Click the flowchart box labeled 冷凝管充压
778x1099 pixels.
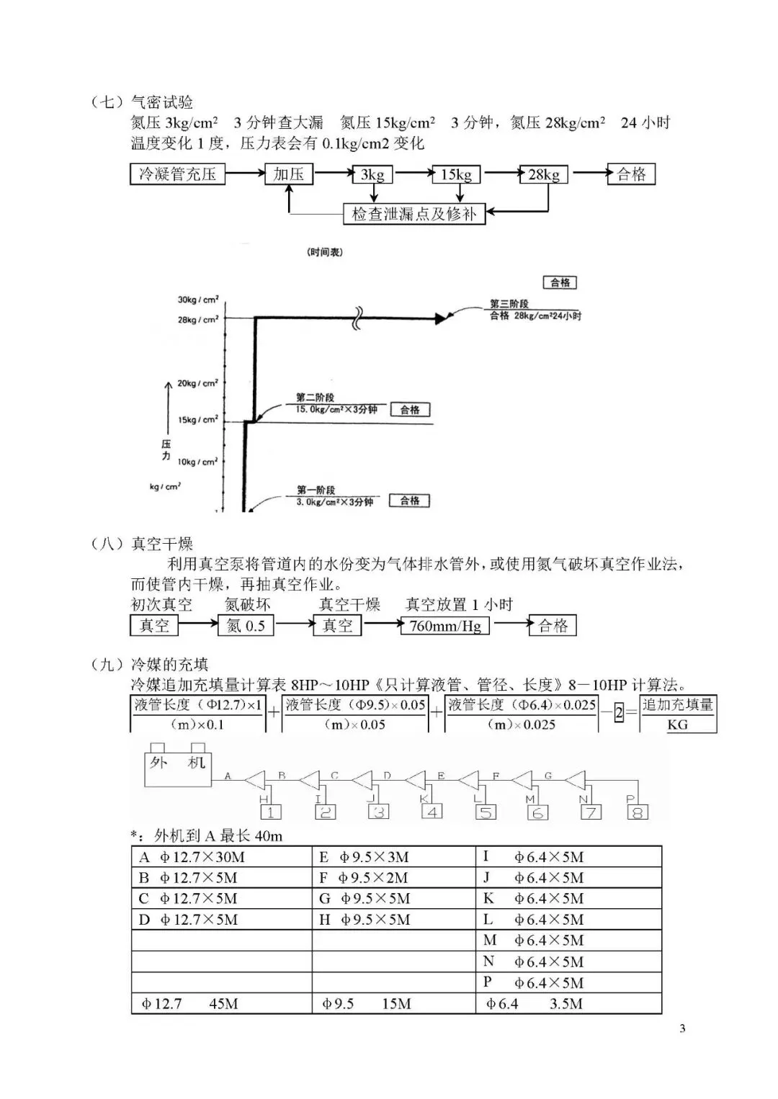(x=177, y=174)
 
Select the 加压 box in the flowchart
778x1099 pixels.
(x=289, y=174)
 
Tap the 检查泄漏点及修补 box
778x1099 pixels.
(x=414, y=214)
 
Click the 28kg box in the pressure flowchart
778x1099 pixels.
(x=544, y=175)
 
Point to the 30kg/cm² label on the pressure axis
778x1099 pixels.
(x=198, y=300)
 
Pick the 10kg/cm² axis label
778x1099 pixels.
(x=197, y=462)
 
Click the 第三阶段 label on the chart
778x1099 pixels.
(x=509, y=304)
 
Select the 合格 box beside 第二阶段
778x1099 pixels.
(x=410, y=410)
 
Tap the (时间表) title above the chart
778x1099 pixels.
(x=325, y=252)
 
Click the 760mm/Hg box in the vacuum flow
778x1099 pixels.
(x=445, y=626)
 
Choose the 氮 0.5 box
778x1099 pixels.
(x=246, y=626)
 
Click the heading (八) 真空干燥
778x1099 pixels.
(x=143, y=544)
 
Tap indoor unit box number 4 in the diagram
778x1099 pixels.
(x=432, y=812)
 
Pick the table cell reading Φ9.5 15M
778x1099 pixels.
(x=393, y=1003)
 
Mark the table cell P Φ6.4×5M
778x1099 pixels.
(x=568, y=982)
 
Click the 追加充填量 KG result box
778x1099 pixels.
(x=678, y=714)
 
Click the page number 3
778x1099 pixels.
(x=682, y=1028)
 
